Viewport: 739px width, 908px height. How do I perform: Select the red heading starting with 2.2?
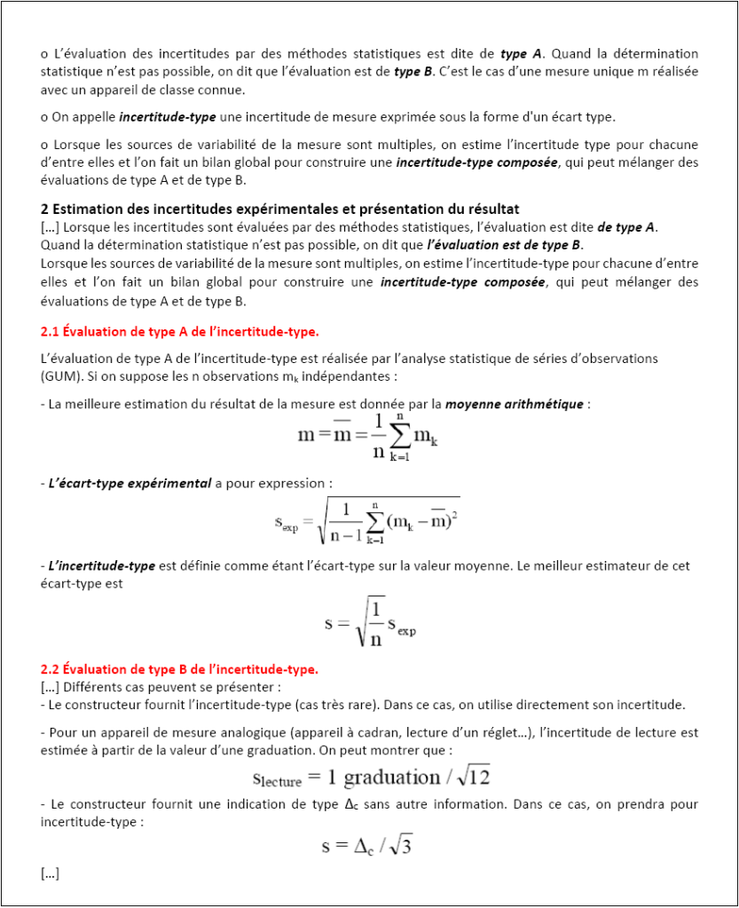179,668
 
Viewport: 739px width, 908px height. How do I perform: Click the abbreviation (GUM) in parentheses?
62,375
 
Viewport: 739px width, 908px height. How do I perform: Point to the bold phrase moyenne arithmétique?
515,404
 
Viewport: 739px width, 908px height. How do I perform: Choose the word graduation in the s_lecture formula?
391,778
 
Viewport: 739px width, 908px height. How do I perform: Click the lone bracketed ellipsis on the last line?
51,874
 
